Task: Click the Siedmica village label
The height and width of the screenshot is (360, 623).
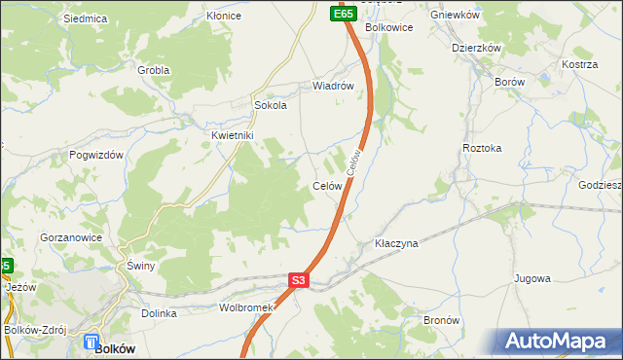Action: tap(84, 18)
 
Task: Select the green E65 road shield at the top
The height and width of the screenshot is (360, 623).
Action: tap(342, 15)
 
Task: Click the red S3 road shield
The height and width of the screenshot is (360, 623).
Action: tap(299, 281)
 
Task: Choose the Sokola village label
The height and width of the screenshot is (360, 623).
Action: tap(270, 106)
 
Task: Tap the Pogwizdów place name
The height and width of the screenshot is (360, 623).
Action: tap(96, 155)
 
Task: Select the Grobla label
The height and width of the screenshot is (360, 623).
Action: tap(153, 70)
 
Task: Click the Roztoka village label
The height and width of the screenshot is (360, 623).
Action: tap(482, 148)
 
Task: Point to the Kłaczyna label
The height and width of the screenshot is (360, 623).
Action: tap(396, 243)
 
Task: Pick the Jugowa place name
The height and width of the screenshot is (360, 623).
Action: tap(532, 278)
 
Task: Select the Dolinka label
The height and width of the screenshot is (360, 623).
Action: tap(159, 313)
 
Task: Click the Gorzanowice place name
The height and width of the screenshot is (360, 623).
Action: tap(69, 237)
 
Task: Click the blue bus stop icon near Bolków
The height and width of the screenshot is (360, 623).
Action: tap(91, 342)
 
